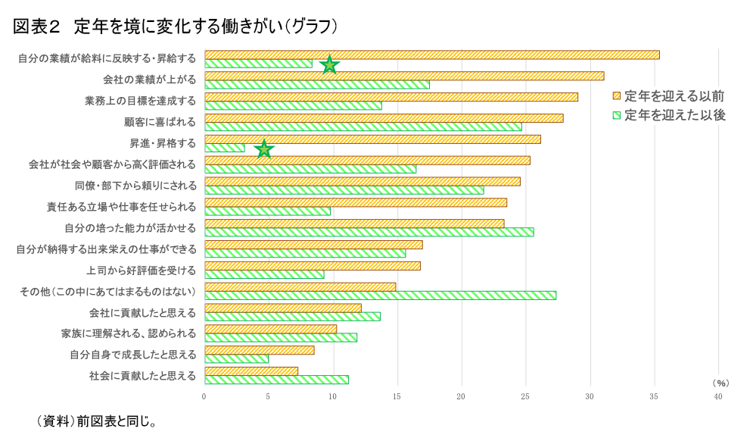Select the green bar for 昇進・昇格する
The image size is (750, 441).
click(x=225, y=148)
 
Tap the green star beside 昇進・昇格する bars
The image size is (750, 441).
click(x=263, y=149)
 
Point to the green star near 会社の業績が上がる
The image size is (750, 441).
click(x=329, y=65)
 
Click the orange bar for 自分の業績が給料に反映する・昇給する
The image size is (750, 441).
click(x=431, y=55)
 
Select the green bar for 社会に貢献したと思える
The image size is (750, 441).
click(x=276, y=380)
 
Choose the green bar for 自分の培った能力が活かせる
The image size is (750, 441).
click(x=369, y=232)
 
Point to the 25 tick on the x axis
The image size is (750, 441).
click(x=525, y=396)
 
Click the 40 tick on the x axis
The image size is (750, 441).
click(x=718, y=396)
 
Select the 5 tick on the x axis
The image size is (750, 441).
click(x=268, y=396)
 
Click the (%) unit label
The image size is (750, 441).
click(x=720, y=383)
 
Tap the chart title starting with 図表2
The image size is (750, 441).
click(x=175, y=27)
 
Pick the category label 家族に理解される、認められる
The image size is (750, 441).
click(x=129, y=333)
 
